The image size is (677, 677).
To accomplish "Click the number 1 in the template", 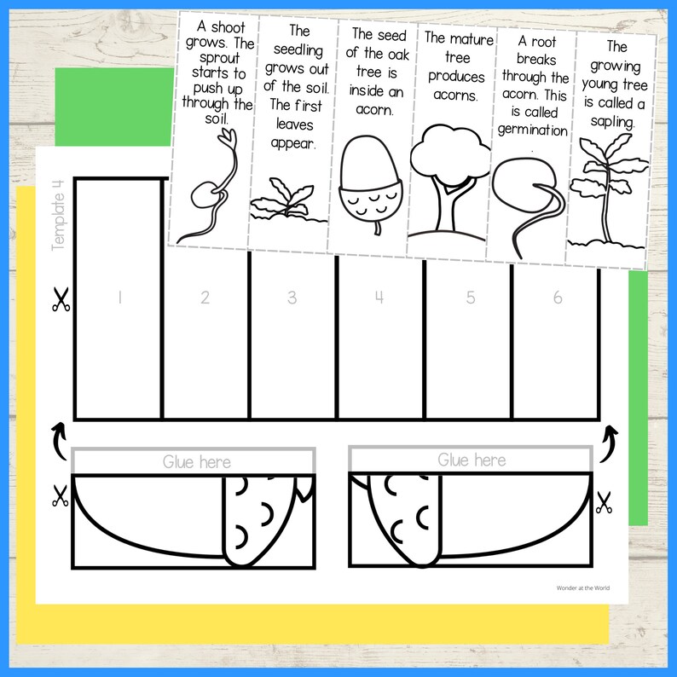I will (x=120, y=298).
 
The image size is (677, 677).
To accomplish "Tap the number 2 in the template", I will (x=205, y=298).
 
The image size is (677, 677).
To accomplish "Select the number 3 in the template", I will (x=292, y=298).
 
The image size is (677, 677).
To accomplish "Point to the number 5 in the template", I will (x=470, y=298).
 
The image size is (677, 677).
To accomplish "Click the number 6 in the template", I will (x=558, y=298).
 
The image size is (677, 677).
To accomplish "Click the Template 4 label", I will (x=59, y=218).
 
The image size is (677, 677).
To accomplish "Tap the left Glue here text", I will (x=196, y=461).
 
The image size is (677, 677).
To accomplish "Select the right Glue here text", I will (x=472, y=460).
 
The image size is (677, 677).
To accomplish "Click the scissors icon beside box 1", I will (x=60, y=299).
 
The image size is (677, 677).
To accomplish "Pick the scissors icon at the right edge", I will (x=605, y=503).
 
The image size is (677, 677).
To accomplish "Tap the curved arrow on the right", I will (x=610, y=440).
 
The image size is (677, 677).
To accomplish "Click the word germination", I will (x=533, y=130).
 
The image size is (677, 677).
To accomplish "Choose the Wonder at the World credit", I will (x=576, y=587).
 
